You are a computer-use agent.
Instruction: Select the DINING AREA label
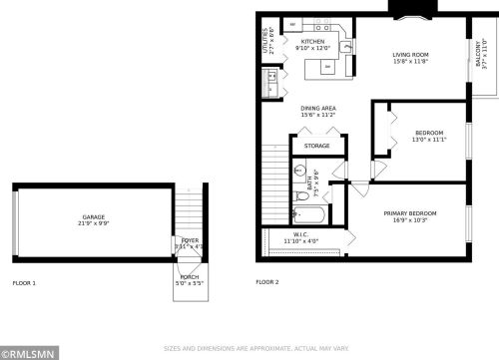pyautogui.click(x=318, y=109)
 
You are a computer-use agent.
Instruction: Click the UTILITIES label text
pyautogui.click(x=264, y=41)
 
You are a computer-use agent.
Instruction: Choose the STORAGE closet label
pyautogui.click(x=317, y=146)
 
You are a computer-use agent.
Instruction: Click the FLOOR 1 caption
pyautogui.click(x=24, y=282)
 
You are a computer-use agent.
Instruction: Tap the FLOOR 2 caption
pyautogui.click(x=267, y=282)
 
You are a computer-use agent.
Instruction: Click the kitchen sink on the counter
pyautogui.click(x=346, y=45)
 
